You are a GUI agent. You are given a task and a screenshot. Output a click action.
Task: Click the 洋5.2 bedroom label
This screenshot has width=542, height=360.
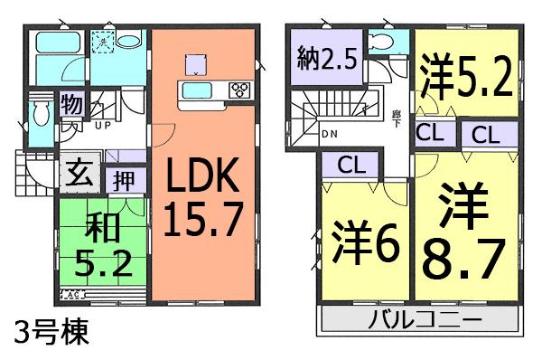466,71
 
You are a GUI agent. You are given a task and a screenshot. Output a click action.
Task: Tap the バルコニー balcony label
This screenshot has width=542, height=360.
423,320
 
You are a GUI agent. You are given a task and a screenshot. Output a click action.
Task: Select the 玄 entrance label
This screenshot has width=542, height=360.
77,172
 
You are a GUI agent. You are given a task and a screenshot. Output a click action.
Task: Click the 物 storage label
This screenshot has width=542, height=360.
71,104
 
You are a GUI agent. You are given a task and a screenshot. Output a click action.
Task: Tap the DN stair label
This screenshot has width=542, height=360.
332,136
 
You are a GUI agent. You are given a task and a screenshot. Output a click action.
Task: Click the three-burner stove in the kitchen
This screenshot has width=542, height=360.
240,90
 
